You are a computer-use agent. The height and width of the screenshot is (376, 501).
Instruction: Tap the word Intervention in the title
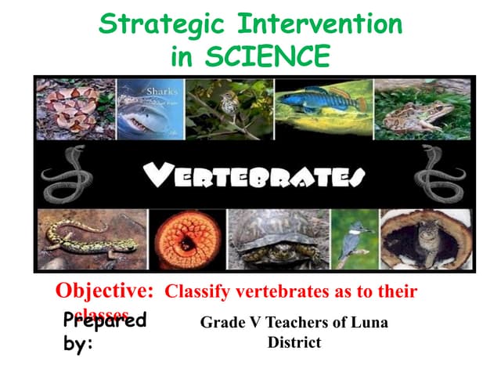pyautogui.click(x=325, y=24)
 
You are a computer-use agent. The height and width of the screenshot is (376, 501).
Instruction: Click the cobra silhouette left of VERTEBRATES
pyautogui.click(x=63, y=173)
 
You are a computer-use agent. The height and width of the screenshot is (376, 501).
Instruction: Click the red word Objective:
pyautogui.click(x=104, y=291)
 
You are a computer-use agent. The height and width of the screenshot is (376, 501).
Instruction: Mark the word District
pyautogui.click(x=294, y=342)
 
